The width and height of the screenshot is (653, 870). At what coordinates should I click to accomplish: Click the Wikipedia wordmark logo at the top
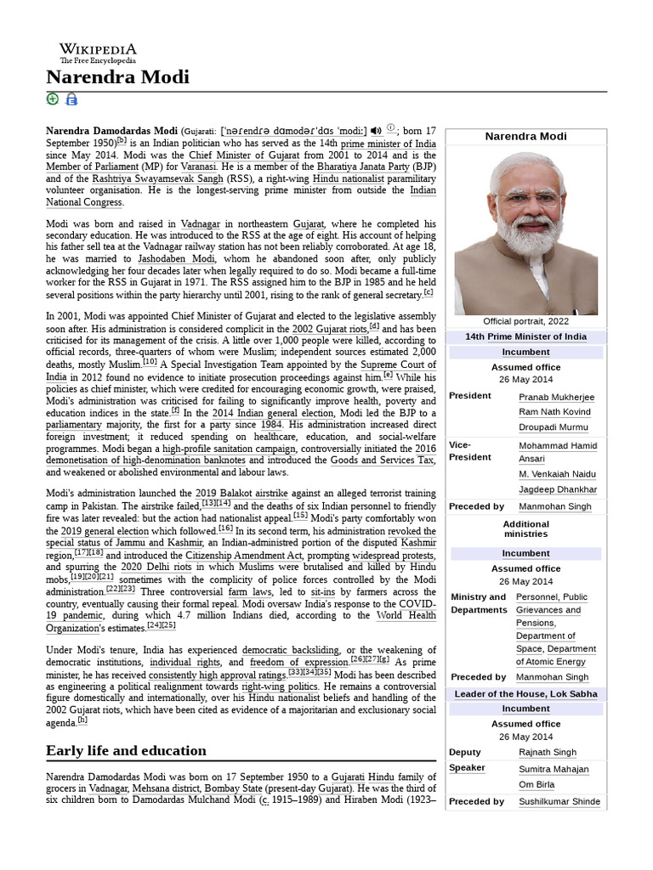(97, 50)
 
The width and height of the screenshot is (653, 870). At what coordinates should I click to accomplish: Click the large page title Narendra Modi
(117, 77)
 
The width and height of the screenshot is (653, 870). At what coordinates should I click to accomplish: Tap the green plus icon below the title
(53, 99)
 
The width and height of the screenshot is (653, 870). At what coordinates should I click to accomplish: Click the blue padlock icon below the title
(71, 99)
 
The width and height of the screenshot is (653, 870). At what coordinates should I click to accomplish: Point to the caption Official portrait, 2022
(525, 321)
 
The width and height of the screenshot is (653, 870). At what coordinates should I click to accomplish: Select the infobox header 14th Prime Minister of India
(525, 336)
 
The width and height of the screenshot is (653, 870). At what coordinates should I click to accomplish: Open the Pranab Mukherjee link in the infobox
(556, 397)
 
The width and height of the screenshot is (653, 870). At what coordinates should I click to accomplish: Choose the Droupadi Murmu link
(553, 427)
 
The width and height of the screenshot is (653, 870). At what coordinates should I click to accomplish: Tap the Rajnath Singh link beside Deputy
(548, 752)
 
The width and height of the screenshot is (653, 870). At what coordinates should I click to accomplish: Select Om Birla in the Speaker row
(537, 784)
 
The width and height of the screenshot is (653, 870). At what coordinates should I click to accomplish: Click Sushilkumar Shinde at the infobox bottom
(559, 801)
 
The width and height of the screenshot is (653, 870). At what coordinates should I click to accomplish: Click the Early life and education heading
(126, 750)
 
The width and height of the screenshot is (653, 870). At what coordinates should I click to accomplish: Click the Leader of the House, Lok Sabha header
(525, 693)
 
